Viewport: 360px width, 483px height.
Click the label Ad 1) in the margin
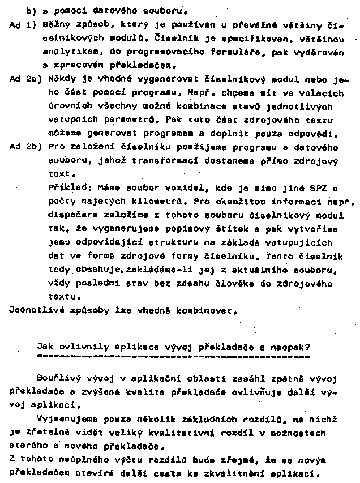coord(21,25)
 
